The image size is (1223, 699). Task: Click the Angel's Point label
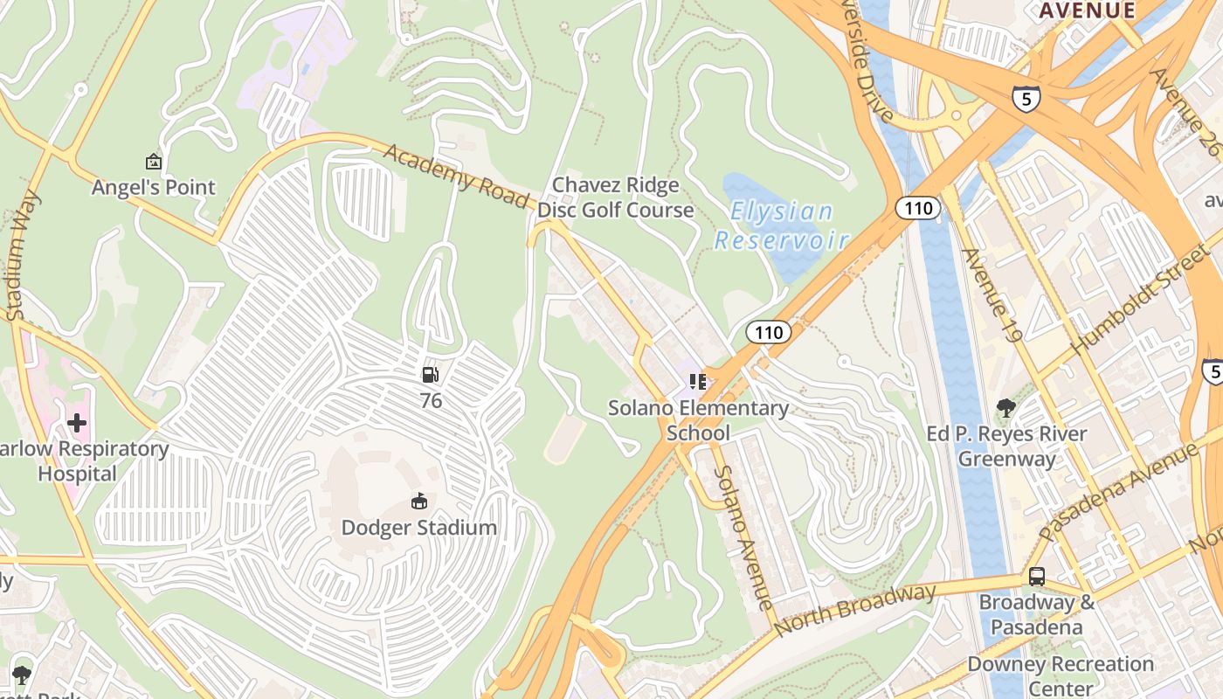click(154, 187)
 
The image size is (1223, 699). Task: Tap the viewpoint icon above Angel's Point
click(154, 162)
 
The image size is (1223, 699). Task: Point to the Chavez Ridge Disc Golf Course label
click(615, 197)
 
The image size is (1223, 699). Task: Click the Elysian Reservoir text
click(782, 225)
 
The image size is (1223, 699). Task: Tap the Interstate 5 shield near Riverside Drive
click(1026, 99)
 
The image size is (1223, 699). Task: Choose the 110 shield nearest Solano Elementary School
click(768, 332)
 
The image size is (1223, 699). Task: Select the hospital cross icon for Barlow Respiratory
click(77, 424)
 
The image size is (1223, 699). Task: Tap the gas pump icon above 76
click(431, 376)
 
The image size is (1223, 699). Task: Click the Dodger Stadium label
click(418, 528)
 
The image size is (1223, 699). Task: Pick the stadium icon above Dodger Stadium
click(418, 502)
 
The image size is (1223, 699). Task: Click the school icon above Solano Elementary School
click(697, 382)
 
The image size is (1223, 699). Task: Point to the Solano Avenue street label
click(743, 537)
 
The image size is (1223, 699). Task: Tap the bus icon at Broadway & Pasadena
click(1036, 577)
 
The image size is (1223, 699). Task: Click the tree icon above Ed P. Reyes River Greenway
click(1006, 407)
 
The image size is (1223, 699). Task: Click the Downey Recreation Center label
click(1060, 676)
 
